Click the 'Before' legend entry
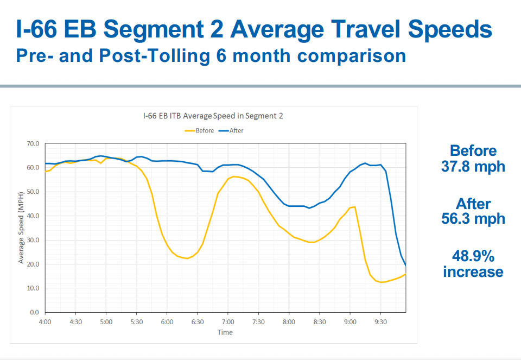point(199,131)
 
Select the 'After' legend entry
point(231,131)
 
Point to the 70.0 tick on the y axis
point(33,143)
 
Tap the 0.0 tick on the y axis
point(35,312)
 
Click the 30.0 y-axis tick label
point(33,240)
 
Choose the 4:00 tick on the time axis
point(45,322)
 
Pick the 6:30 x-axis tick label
point(198,322)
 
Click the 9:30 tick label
point(380,322)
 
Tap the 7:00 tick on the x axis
point(228,322)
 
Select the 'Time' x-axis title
point(225,332)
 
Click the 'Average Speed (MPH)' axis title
point(21,228)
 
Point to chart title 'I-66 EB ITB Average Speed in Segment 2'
point(213,116)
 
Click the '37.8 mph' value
point(473,166)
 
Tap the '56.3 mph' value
point(473,218)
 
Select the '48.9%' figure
point(473,256)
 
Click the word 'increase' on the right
point(473,271)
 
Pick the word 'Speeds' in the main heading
point(450,29)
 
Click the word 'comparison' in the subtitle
point(352,56)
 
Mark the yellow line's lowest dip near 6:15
point(187,258)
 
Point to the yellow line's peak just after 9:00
point(354,207)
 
